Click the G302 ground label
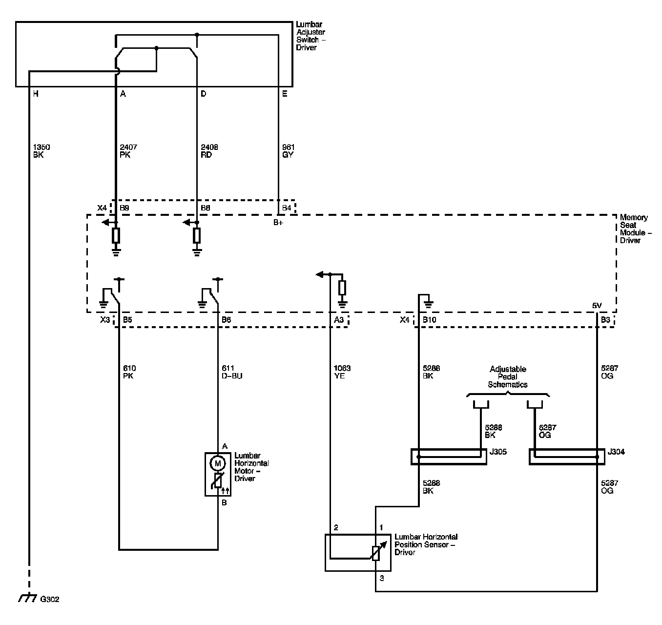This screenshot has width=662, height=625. (x=49, y=599)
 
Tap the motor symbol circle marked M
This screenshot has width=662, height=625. (x=217, y=462)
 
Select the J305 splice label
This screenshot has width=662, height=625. (x=498, y=452)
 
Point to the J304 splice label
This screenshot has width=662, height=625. (x=616, y=452)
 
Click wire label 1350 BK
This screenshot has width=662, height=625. (x=41, y=151)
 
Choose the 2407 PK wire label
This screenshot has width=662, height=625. (x=128, y=151)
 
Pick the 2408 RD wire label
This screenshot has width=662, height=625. (x=209, y=151)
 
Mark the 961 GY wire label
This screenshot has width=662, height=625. (x=288, y=151)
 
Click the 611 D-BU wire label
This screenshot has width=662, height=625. (x=231, y=372)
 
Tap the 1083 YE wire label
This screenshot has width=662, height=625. (x=342, y=372)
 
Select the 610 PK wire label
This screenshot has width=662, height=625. (x=130, y=372)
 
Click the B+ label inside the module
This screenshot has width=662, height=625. (x=278, y=223)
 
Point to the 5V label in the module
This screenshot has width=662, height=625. (x=597, y=306)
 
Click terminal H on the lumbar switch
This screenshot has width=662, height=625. (x=36, y=94)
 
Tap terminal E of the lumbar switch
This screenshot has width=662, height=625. (x=285, y=94)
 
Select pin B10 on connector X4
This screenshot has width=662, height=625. (x=429, y=320)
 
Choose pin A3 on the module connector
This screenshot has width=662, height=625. (x=339, y=320)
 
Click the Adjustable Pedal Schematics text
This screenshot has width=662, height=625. (x=508, y=376)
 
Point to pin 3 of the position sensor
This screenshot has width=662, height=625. (x=382, y=579)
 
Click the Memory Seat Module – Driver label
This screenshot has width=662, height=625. (x=634, y=229)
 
